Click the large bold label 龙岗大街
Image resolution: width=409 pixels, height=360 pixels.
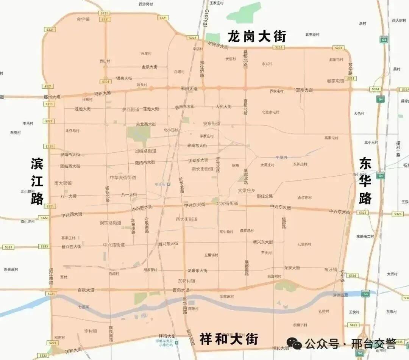tap(257, 37)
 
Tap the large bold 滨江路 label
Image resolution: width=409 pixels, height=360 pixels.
tap(37, 182)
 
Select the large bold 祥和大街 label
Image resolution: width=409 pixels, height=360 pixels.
tap(229, 339)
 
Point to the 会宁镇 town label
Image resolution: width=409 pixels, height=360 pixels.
tap(83, 19)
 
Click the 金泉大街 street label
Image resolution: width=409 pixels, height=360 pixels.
tap(149, 67)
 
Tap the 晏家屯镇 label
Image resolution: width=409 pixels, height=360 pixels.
tap(335, 81)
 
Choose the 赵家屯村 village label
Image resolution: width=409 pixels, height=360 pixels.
tap(336, 59)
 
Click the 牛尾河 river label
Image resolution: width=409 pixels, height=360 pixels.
tap(281, 157)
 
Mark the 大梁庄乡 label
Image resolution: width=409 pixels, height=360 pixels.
tap(247, 190)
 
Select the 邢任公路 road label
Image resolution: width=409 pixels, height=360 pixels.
tap(264, 196)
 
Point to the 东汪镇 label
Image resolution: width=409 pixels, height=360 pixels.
tap(330, 269)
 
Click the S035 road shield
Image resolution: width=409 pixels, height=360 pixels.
tap(353, 325)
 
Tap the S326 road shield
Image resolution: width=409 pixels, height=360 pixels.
tap(352, 275)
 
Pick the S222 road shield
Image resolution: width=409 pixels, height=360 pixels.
tap(44, 355)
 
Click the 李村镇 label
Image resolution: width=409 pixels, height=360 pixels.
tap(91, 331)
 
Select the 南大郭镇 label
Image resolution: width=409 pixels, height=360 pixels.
tap(63, 183)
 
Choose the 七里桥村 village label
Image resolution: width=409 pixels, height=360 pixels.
tap(304, 244)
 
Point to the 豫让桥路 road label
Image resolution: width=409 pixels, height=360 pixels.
tap(202, 68)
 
